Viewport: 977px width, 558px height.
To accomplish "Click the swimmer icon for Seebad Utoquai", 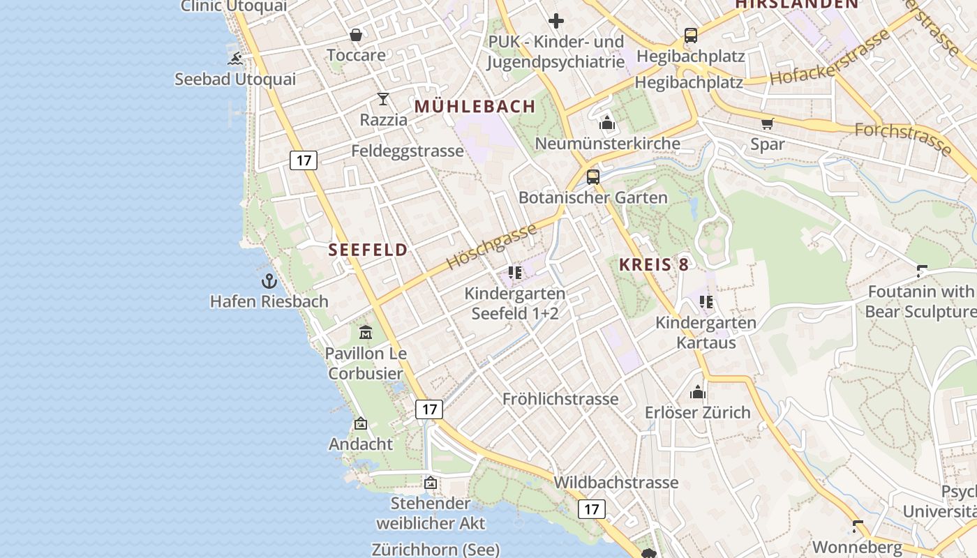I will [235, 59].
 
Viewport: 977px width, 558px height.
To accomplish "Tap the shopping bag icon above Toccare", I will [356, 35].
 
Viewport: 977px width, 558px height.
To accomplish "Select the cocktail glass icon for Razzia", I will [383, 99].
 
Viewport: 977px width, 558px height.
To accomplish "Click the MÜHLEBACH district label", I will [475, 107].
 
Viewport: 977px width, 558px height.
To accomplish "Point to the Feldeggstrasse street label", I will [408, 151].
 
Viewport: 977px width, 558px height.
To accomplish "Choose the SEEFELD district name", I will [368, 250].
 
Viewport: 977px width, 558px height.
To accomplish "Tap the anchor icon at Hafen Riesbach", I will [269, 281].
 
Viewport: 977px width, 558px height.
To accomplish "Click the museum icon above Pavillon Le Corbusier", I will [365, 333].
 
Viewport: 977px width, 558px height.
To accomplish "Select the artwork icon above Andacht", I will [361, 423].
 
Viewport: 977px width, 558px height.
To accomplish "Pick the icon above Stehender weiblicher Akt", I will [431, 483].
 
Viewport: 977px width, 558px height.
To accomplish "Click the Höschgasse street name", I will [491, 246].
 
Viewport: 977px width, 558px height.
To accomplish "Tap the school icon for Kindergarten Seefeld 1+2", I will [515, 273].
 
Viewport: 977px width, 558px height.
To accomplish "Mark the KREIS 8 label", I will [654, 264].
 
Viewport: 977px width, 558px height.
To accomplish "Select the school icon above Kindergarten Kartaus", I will [706, 302].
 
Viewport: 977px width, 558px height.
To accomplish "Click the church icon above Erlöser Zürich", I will [698, 392].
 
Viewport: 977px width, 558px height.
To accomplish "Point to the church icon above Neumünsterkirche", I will [607, 123].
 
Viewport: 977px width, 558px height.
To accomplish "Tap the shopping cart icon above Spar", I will [768, 124].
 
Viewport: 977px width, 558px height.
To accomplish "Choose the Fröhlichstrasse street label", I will [560, 399].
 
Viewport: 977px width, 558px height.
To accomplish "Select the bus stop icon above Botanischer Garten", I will [593, 177].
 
